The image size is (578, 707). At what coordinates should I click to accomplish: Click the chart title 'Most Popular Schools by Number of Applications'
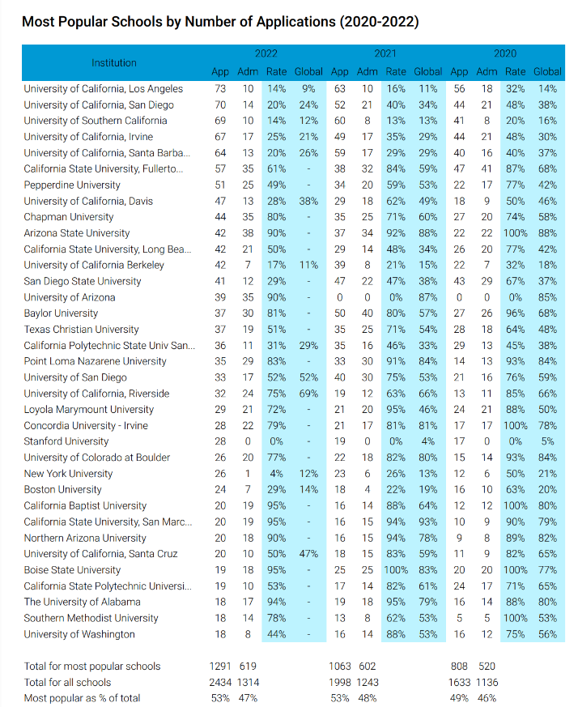click(179, 22)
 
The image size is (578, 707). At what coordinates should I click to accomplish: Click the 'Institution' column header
click(113, 62)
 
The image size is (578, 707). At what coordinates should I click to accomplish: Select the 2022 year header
click(266, 53)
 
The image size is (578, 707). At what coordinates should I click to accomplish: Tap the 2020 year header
click(505, 53)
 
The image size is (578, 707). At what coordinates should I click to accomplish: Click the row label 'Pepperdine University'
click(72, 185)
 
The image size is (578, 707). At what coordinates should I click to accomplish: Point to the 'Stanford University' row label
click(66, 441)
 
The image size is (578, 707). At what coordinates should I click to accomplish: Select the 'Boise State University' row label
click(72, 570)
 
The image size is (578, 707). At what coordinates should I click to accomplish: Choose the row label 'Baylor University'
click(61, 313)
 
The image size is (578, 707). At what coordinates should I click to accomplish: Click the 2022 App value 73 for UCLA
click(220, 89)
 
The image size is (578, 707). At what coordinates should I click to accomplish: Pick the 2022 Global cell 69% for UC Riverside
click(308, 394)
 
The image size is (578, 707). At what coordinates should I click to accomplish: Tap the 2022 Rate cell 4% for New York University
click(276, 474)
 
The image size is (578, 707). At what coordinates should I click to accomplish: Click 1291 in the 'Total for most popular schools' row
click(220, 667)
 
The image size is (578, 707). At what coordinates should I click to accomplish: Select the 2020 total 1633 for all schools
click(460, 683)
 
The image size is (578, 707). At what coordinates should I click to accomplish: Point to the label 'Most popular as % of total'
click(82, 698)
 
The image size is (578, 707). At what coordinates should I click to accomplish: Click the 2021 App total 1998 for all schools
click(340, 683)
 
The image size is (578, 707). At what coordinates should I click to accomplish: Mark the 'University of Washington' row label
click(79, 634)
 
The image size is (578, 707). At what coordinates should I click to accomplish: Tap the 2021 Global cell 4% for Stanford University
click(428, 441)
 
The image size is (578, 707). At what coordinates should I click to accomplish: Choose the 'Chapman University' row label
click(69, 217)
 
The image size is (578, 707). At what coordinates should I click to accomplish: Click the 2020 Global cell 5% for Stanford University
click(547, 441)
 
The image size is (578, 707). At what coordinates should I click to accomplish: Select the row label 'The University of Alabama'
click(82, 602)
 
